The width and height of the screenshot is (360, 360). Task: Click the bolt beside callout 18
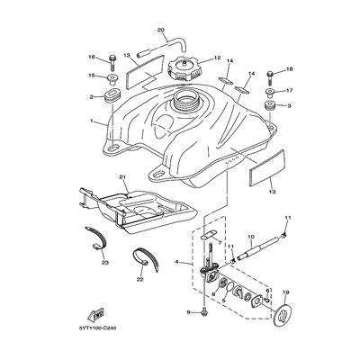[x=269, y=77]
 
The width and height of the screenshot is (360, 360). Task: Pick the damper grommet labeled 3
[x=269, y=106]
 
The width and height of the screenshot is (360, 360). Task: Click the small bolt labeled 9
[x=204, y=312]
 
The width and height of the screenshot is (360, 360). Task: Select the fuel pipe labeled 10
[x=259, y=247]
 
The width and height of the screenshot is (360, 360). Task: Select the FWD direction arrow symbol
[x=95, y=314]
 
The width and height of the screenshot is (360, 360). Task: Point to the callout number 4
[x=176, y=262]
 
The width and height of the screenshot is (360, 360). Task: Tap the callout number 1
[x=92, y=121]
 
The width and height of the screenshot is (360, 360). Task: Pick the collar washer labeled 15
[x=112, y=78]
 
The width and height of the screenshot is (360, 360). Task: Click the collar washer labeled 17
[x=270, y=92]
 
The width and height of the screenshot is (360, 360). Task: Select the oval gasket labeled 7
[x=207, y=234]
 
